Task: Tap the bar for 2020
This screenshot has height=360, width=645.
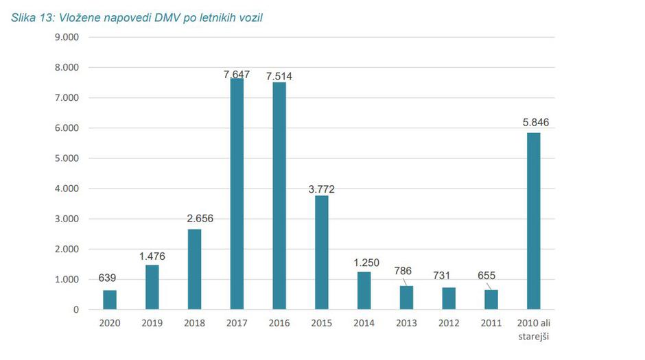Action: (110, 300)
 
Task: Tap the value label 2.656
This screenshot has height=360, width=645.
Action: (195, 219)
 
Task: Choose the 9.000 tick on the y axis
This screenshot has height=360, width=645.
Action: (67, 37)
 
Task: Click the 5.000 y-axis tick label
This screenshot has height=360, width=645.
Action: (67, 158)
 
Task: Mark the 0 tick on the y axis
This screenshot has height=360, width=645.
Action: (75, 310)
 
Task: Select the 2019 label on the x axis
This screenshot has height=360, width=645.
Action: (152, 324)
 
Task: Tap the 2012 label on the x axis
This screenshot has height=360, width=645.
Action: (448, 324)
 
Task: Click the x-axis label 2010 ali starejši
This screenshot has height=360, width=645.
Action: (533, 329)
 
